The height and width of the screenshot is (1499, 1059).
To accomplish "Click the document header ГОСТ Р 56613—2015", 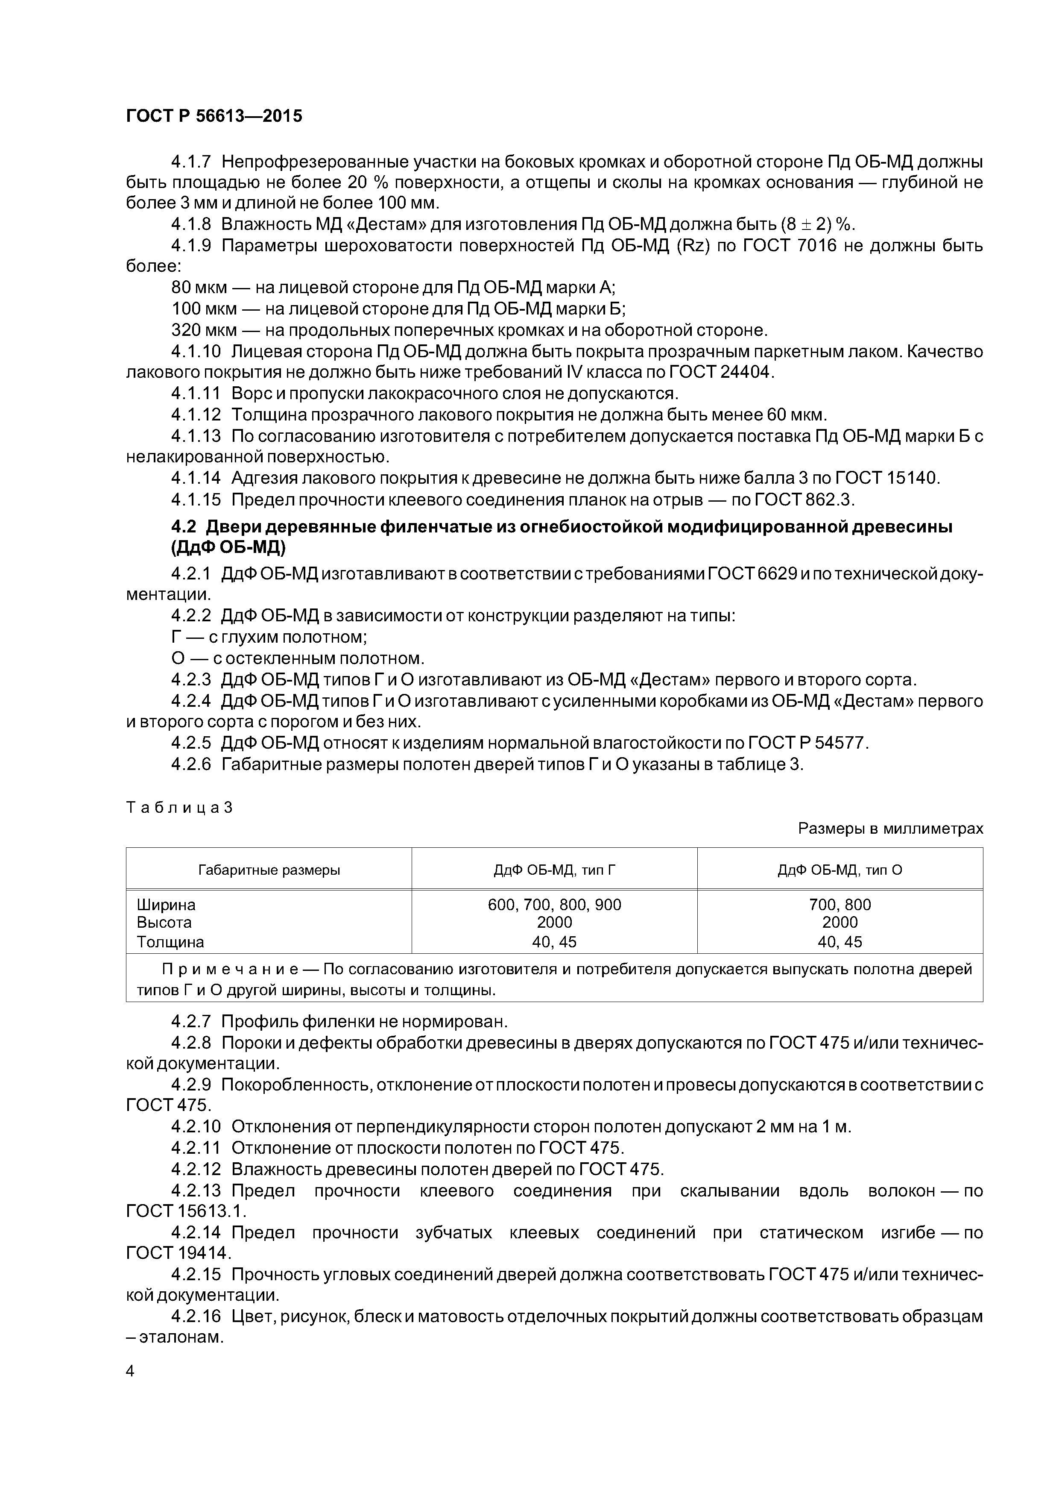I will point(214,116).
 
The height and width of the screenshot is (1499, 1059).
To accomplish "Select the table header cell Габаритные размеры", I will point(269,870).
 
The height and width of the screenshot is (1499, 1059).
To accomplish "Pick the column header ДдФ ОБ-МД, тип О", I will point(840,870).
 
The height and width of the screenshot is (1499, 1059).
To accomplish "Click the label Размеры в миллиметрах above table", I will point(890,829).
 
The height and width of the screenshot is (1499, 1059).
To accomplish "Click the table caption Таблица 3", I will point(179,808).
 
